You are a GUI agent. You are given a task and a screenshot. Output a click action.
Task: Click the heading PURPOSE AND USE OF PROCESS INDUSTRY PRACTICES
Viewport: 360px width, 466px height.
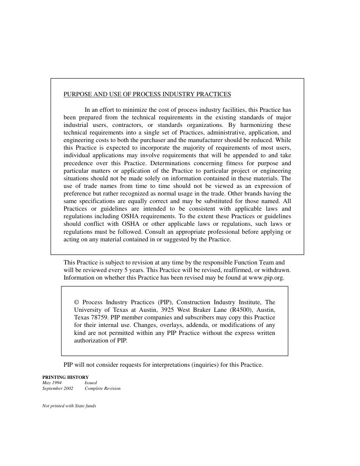tap(147, 94)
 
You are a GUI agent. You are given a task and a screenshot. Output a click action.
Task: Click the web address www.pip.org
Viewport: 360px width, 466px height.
tap(266, 277)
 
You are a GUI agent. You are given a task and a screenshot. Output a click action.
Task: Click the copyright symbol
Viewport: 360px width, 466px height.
tap(77, 302)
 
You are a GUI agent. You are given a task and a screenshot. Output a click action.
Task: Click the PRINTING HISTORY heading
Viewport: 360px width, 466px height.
tap(65, 377)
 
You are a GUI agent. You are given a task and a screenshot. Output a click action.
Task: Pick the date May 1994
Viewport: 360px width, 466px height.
tap(52, 383)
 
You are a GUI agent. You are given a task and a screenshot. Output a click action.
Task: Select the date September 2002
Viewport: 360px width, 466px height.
tap(58, 388)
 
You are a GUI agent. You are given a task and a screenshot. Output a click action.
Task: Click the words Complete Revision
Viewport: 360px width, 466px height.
tap(102, 388)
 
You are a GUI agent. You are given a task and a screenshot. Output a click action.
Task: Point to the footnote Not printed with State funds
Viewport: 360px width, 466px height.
tap(69, 406)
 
